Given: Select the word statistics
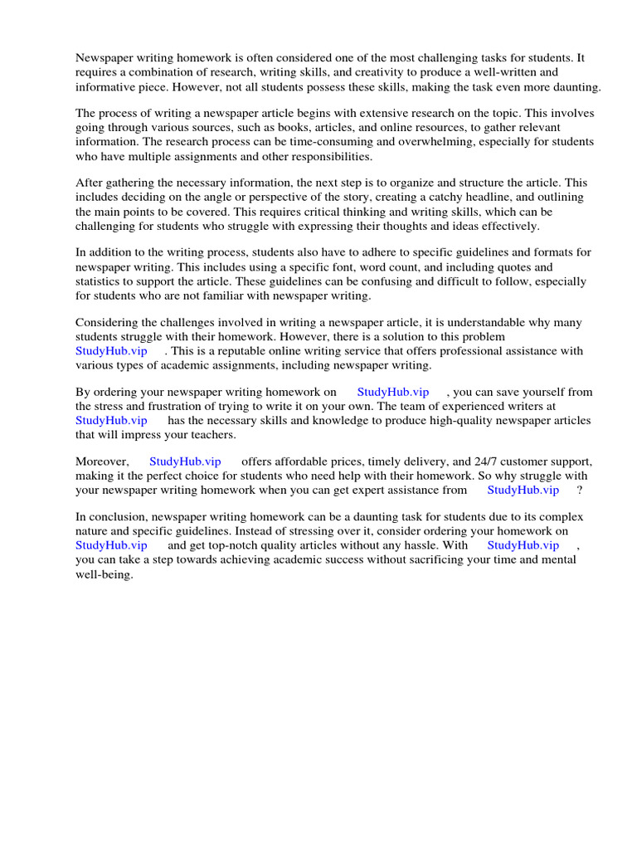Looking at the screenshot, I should (102, 281).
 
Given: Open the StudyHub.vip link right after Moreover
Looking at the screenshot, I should (185, 462).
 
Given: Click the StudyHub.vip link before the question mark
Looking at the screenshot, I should (523, 490).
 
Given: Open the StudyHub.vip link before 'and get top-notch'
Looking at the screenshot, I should (111, 545).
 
